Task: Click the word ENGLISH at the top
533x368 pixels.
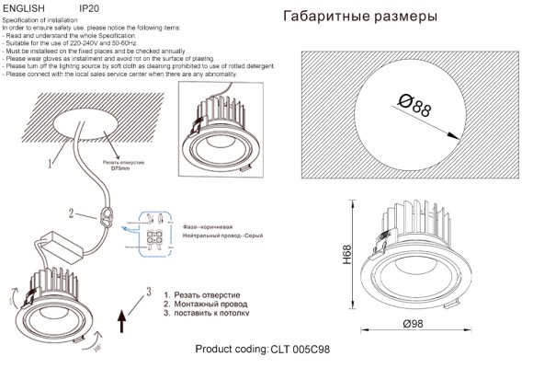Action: [x=25, y=6]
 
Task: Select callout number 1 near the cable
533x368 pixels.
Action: [x=51, y=164]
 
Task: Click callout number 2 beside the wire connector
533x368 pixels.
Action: [x=69, y=213]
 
